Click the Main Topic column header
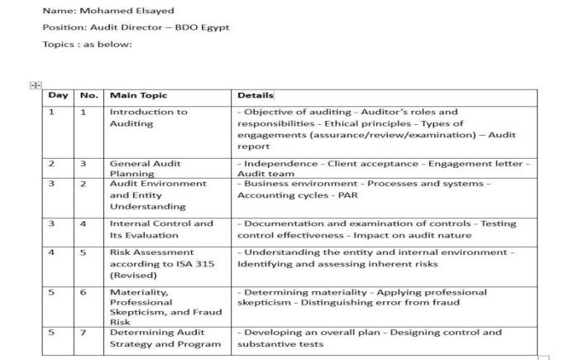(138, 95)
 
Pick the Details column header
(255, 95)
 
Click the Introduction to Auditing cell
(149, 118)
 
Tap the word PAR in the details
(347, 195)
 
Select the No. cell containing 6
(84, 292)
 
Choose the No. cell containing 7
(84, 333)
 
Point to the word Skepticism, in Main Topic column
(138, 312)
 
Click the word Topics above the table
(59, 44)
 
